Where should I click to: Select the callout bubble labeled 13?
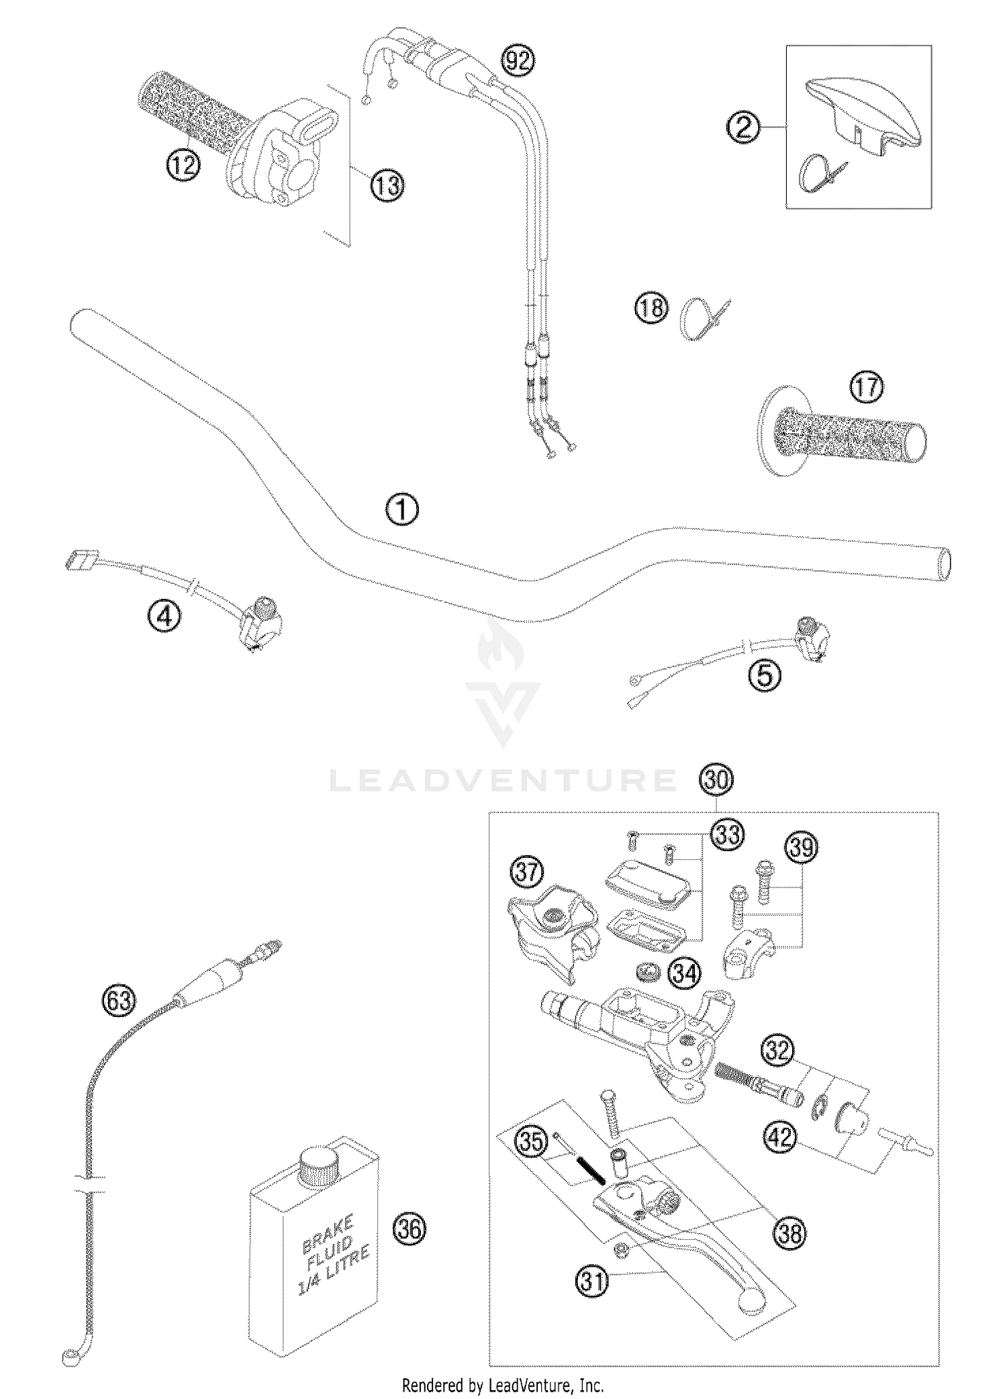point(387,185)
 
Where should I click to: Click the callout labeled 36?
point(410,1228)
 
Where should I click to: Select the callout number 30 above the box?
point(716,780)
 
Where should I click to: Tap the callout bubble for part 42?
point(780,1137)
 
